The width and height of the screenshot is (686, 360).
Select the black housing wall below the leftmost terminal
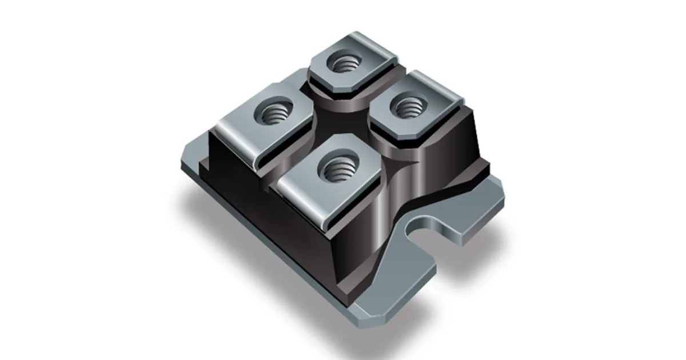pyautogui.click(x=229, y=171)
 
